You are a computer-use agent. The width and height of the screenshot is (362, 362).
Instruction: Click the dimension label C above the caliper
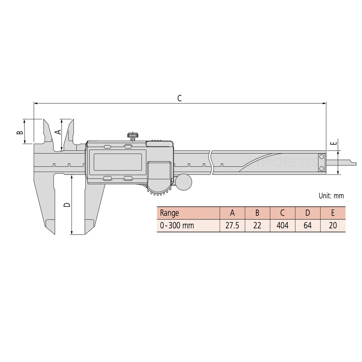179,98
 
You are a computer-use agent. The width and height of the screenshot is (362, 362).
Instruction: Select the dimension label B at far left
20,132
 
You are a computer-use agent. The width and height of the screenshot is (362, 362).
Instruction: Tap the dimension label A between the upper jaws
58,132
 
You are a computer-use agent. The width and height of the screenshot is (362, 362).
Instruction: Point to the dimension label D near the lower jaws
67,205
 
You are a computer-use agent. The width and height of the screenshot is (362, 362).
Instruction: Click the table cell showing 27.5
232,225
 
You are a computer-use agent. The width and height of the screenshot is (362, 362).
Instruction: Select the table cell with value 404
282,225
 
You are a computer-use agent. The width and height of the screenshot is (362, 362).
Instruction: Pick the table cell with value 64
307,225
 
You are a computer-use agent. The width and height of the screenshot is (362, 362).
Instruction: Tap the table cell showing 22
257,225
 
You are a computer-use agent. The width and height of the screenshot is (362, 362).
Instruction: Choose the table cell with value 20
333,225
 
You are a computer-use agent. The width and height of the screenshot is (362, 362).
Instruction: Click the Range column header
169,213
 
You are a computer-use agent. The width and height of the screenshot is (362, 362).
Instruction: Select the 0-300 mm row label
177,225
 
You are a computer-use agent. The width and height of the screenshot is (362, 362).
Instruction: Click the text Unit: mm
331,196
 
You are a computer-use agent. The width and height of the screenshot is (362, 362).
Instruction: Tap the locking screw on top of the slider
133,136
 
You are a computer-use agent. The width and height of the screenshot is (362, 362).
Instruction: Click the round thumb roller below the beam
183,182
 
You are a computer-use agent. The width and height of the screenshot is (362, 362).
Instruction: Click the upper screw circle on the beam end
322,157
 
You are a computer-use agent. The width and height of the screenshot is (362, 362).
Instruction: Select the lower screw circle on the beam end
322,168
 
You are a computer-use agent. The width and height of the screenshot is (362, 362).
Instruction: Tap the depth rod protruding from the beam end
341,163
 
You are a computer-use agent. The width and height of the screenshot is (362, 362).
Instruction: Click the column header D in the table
307,213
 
